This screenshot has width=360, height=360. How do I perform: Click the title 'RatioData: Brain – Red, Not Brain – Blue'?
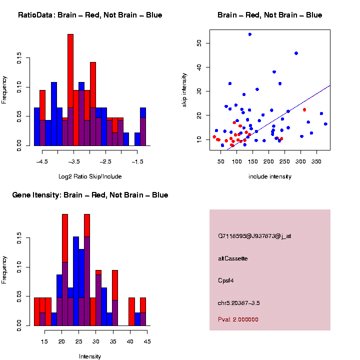90,15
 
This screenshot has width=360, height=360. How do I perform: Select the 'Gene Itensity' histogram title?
90,195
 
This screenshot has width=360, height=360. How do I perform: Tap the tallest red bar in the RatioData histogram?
70,90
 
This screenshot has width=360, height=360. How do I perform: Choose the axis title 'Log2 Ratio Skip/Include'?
89,176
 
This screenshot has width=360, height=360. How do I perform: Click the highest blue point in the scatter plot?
249,34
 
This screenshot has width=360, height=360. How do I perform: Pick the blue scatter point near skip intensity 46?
296,53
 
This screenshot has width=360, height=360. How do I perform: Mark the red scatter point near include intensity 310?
304,109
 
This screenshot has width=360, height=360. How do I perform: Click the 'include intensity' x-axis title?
269,176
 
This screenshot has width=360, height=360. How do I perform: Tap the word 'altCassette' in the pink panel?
233,258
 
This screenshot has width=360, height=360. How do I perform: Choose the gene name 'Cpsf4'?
226,280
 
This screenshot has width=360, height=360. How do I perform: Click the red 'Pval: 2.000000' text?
238,319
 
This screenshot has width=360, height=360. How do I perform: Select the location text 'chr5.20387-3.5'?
239,303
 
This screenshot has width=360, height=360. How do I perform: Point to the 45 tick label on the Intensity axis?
147,341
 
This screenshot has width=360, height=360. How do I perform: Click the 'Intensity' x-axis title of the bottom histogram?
89,356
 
